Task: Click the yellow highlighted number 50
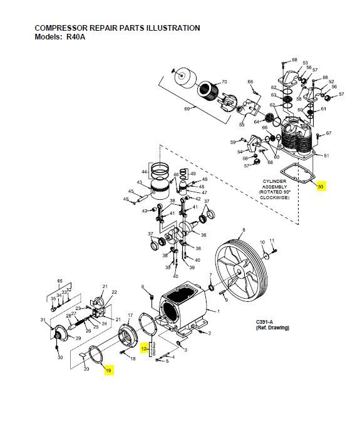point(321,186)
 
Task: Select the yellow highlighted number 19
point(108,371)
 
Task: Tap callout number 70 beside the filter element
point(224,82)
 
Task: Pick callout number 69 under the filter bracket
point(187,108)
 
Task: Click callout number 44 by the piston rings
point(143,172)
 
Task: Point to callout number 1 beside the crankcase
point(218,312)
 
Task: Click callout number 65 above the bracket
point(60,280)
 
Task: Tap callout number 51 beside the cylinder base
point(326,155)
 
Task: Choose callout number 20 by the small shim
point(87,369)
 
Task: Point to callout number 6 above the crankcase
point(143,286)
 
